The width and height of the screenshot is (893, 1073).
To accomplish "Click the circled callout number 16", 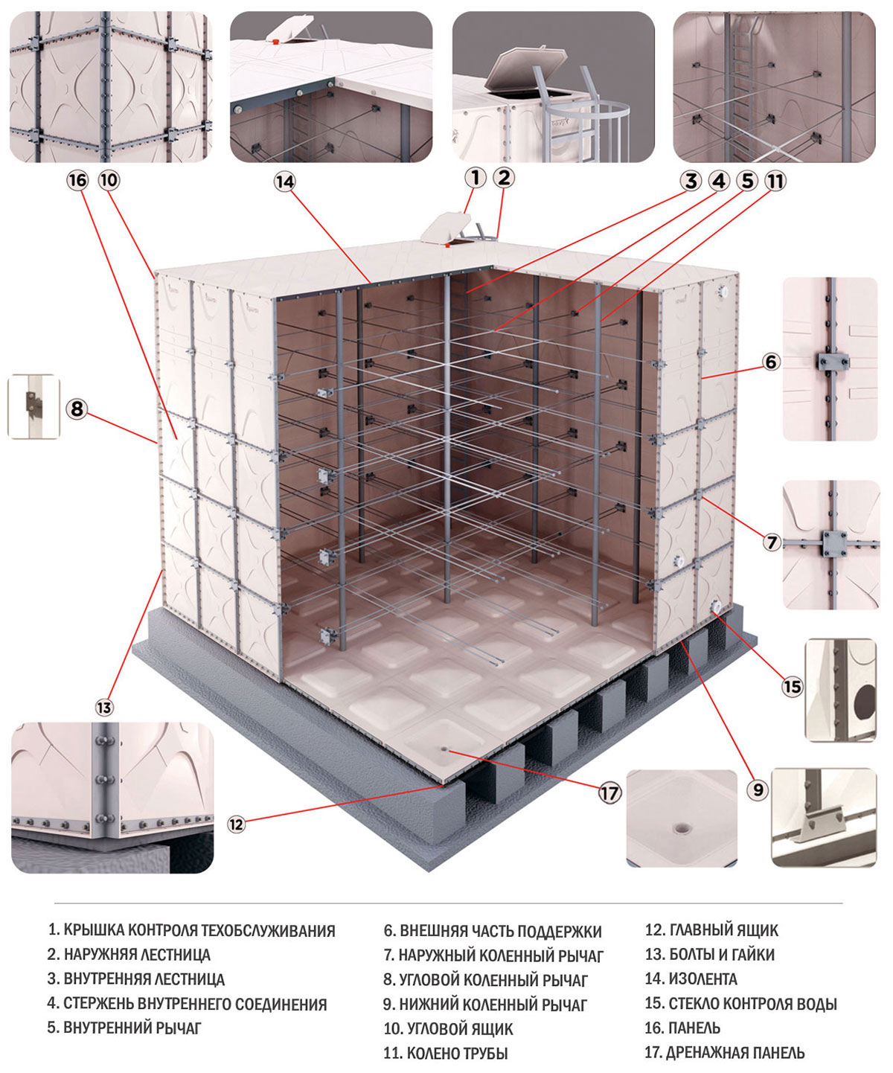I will pyautogui.click(x=77, y=180).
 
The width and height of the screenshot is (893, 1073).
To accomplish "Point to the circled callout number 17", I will pyautogui.click(x=609, y=792).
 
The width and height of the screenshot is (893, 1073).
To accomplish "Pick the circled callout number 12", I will pyautogui.click(x=236, y=824).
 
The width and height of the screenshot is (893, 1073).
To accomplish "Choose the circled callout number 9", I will pyautogui.click(x=758, y=789).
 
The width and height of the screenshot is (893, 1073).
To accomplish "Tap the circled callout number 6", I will pyautogui.click(x=771, y=362).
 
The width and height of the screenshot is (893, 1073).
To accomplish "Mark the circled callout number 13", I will pyautogui.click(x=104, y=706).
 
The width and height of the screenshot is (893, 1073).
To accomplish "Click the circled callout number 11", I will pyautogui.click(x=775, y=180).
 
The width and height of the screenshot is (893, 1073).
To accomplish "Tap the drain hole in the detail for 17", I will pyautogui.click(x=680, y=827).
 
